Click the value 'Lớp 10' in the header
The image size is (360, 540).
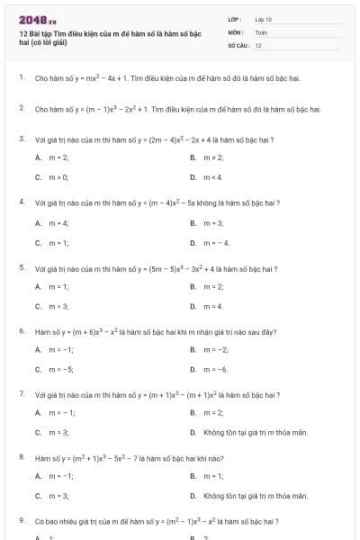263,19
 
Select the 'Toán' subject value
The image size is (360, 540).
261,31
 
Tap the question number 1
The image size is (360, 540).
21,78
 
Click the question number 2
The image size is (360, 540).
21,109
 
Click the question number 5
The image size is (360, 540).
21,267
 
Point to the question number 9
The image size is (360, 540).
21,521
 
